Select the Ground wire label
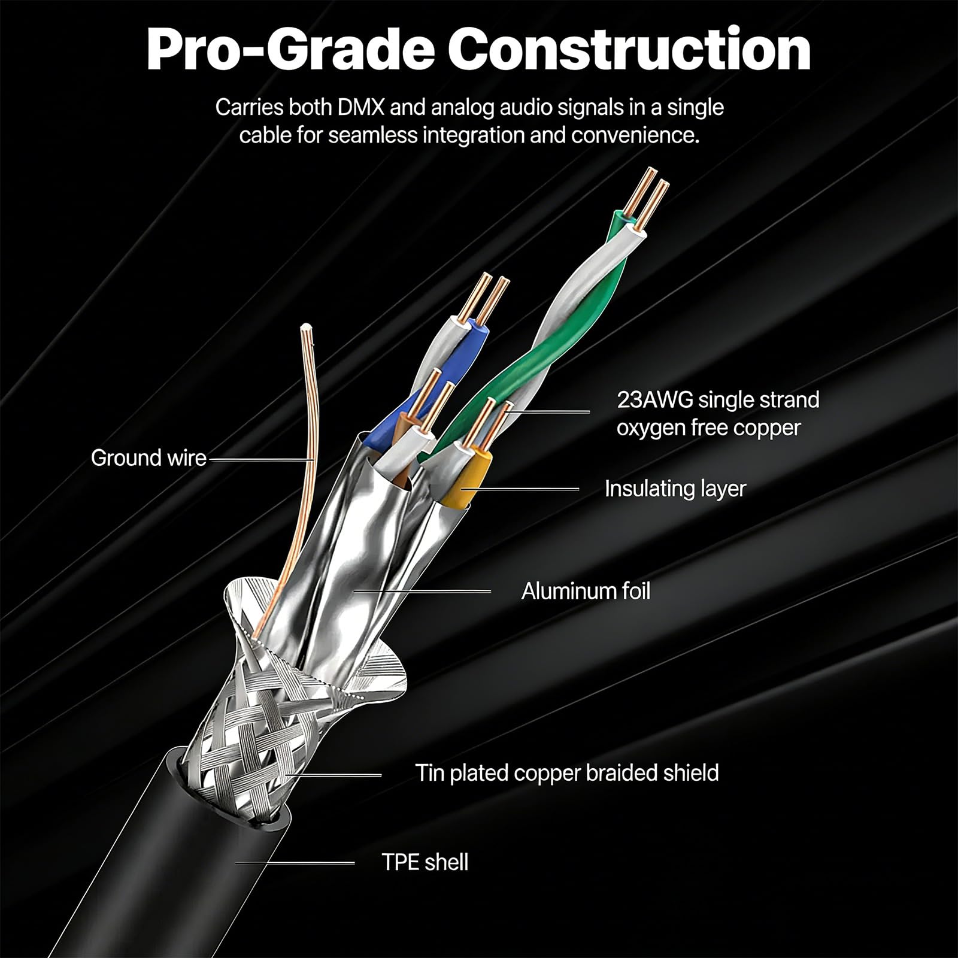148,458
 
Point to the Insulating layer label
675,489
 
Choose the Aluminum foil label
586,591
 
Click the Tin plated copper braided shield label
567,773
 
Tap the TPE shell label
425,862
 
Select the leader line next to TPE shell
295,863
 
